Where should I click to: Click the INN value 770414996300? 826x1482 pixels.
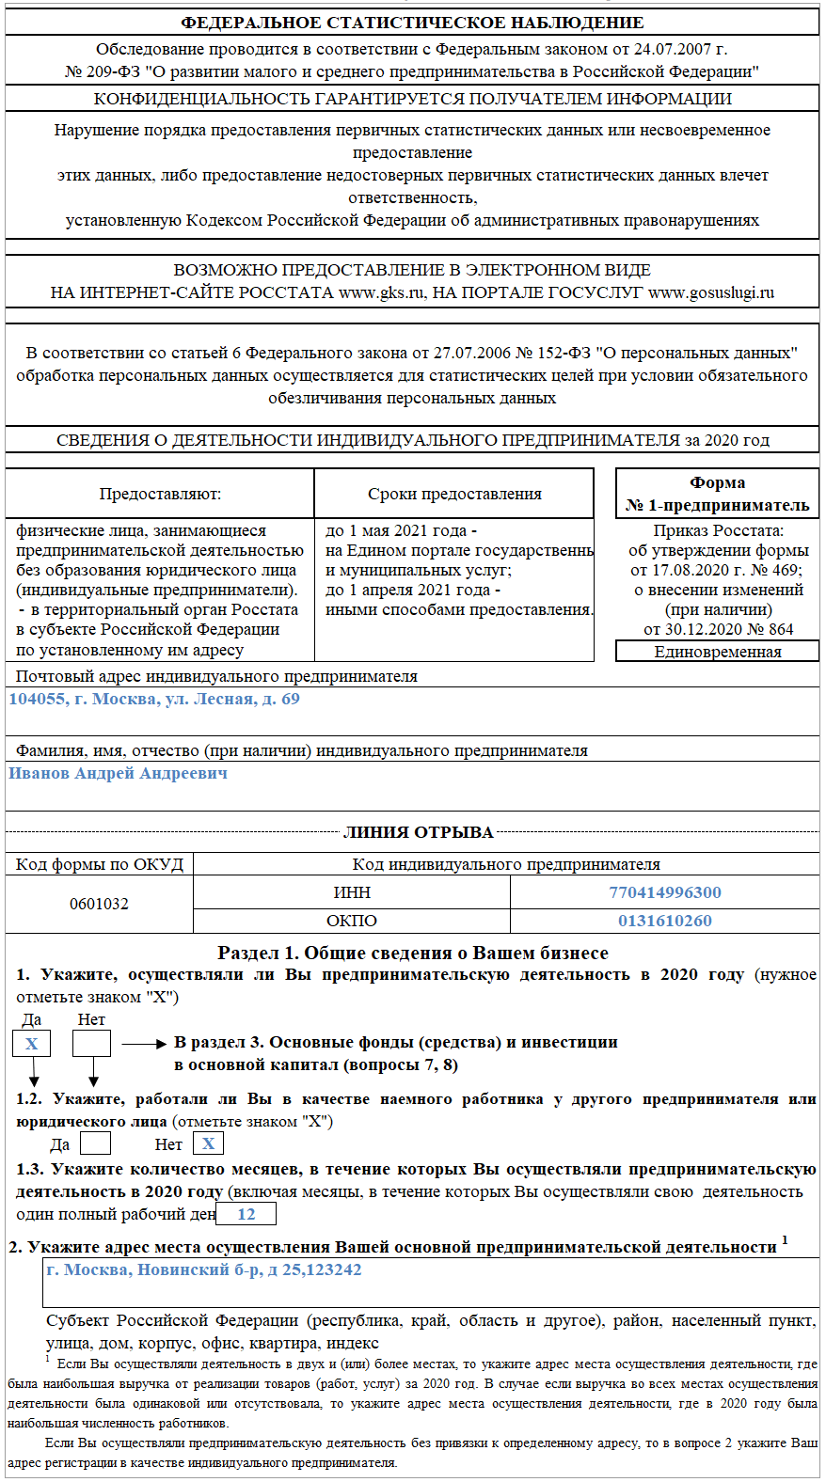pos(664,892)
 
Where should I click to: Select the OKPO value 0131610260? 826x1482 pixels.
pos(664,921)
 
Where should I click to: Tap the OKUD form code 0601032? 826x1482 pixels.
pos(99,904)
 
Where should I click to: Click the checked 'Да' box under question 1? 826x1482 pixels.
pos(31,1043)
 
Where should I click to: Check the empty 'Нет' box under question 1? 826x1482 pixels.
pos(91,1043)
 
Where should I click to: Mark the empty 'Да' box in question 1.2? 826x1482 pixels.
pos(95,1143)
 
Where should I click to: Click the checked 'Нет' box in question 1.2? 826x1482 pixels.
pos(208,1143)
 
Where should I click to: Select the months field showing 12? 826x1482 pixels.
pos(246,1214)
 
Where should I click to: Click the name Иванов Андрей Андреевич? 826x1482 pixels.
pos(119,773)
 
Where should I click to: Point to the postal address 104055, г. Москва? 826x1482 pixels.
pos(154,699)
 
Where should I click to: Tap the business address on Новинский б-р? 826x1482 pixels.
pos(204,1269)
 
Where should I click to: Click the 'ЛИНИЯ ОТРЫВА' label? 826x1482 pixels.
pos(418,832)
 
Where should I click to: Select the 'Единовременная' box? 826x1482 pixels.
pos(717,652)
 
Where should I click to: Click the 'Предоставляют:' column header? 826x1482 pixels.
pos(160,494)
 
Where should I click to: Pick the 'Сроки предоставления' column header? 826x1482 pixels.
pos(454,494)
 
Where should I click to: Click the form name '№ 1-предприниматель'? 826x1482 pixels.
pos(717,505)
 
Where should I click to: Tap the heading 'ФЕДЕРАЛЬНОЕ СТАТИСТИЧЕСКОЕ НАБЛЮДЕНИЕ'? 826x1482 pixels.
pos(412,23)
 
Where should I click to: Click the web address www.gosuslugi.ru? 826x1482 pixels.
pos(710,292)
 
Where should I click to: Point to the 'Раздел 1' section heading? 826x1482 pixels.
pos(413,953)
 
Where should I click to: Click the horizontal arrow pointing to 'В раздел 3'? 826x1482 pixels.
pos(144,1044)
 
